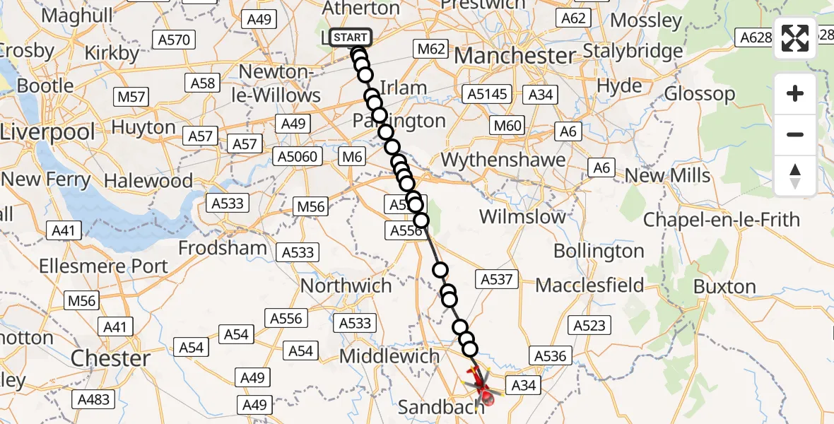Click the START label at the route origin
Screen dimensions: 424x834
click(350, 37)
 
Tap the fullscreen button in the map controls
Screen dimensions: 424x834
click(795, 39)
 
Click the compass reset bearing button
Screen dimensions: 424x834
click(795, 176)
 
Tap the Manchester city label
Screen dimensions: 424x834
click(516, 56)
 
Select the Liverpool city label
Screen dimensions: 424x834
click(47, 131)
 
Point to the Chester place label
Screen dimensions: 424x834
click(111, 358)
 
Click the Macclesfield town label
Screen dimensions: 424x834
click(589, 285)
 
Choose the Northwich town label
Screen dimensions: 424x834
click(346, 285)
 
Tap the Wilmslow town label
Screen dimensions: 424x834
click(522, 216)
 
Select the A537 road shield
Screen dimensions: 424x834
click(496, 279)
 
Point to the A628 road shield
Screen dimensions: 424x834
click(754, 37)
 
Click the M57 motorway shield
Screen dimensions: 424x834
click(131, 95)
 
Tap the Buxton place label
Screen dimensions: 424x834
click(724, 286)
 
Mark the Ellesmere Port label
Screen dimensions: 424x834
click(104, 266)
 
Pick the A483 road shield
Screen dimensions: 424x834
click(93, 399)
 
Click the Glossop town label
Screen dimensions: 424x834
click(700, 94)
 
